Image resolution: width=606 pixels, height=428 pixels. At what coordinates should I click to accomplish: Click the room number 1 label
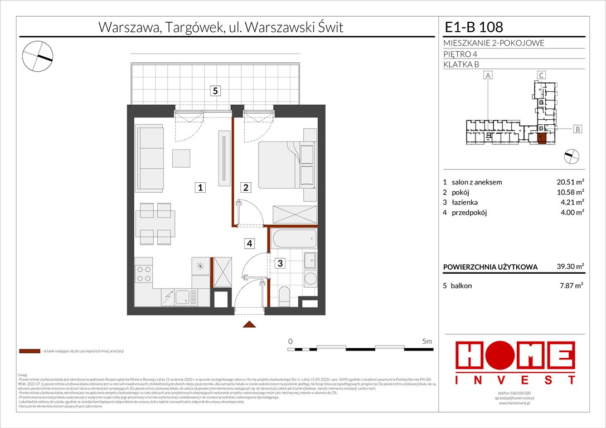coord(199,188)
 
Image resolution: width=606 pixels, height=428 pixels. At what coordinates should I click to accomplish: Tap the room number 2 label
coord(245,188)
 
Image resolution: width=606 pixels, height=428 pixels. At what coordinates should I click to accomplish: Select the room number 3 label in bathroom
coord(281,263)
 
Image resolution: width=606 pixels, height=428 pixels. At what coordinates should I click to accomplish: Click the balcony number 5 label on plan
coord(215,91)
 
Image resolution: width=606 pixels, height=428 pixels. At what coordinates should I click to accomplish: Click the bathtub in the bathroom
coord(294,240)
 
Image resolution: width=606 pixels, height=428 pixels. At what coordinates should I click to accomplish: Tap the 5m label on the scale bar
coord(427,341)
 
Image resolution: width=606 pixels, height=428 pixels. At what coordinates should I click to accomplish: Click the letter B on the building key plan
coord(578,129)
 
